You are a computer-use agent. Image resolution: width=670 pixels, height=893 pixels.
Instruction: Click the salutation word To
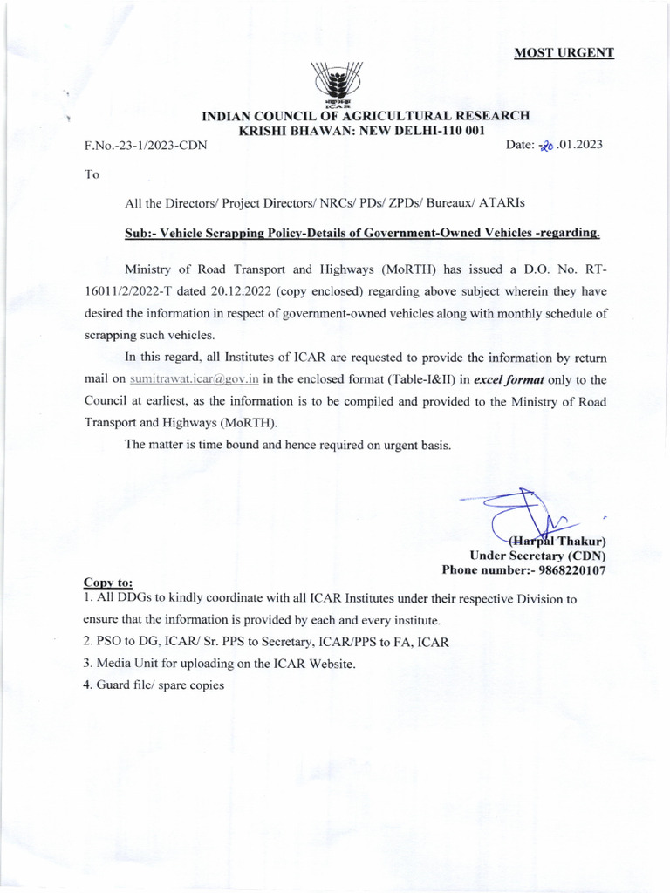(x=92, y=174)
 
